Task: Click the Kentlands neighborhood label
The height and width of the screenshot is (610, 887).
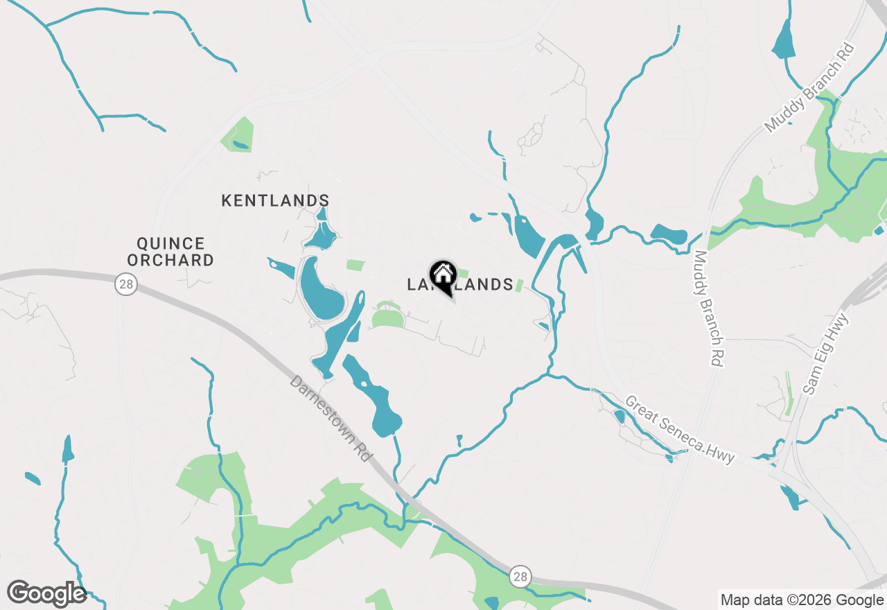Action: [275, 201]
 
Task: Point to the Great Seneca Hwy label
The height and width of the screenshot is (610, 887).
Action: [679, 430]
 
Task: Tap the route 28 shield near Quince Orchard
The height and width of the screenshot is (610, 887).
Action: [125, 284]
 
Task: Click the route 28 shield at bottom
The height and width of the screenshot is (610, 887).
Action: [520, 576]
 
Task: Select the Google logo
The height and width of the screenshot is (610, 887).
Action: [46, 593]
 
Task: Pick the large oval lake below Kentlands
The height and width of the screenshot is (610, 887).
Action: [321, 290]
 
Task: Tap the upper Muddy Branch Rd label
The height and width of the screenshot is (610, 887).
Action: [811, 87]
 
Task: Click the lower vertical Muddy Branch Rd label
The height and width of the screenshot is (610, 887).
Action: [711, 308]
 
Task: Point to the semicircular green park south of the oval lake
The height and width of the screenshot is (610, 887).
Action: [387, 318]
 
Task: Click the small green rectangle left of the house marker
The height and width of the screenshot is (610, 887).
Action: [355, 265]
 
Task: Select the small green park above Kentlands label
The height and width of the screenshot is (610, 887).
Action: [237, 136]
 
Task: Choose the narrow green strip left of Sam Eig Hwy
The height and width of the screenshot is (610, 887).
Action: [788, 394]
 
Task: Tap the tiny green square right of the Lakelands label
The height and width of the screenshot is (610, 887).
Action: [519, 286]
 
